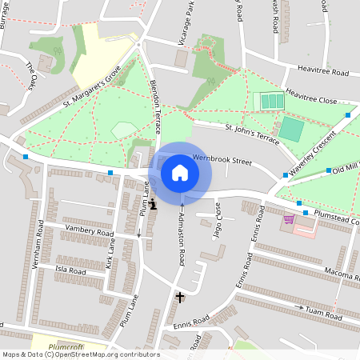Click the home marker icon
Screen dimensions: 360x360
click(x=180, y=173)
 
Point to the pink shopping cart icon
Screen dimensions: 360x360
click(x=289, y=218)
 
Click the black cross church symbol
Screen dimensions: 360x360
click(x=180, y=298)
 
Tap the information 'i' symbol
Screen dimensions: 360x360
click(x=153, y=205)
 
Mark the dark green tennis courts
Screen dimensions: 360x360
click(x=270, y=102)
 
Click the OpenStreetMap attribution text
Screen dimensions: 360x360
click(x=80, y=354)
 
